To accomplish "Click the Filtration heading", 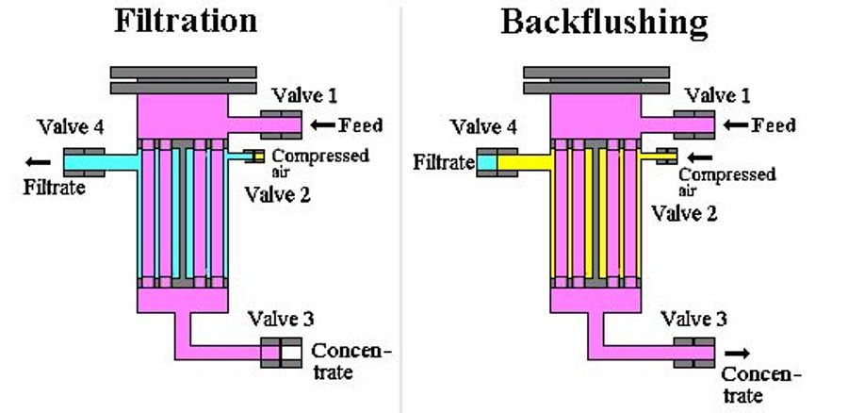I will pyautogui.click(x=186, y=21).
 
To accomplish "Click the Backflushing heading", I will pyautogui.click(x=604, y=22).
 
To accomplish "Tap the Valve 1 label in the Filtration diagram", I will pyautogui.click(x=305, y=94).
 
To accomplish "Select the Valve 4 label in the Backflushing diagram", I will pyautogui.click(x=483, y=127).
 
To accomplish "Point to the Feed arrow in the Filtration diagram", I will pyautogui.click(x=322, y=124).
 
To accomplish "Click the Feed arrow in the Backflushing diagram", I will pyautogui.click(x=736, y=124).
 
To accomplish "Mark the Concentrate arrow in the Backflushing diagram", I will pyautogui.click(x=739, y=353).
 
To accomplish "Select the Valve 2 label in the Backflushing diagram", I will pyautogui.click(x=685, y=213).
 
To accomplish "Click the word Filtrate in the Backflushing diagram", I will pyautogui.click(x=443, y=163).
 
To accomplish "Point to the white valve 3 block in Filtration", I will pyautogui.click(x=291, y=353).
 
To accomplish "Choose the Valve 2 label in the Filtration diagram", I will pyautogui.click(x=277, y=194).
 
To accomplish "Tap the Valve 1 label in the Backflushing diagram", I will pyautogui.click(x=718, y=94).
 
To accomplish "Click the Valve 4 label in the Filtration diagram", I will pyautogui.click(x=70, y=127).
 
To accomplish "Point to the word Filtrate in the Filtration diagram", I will pyautogui.click(x=54, y=187).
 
